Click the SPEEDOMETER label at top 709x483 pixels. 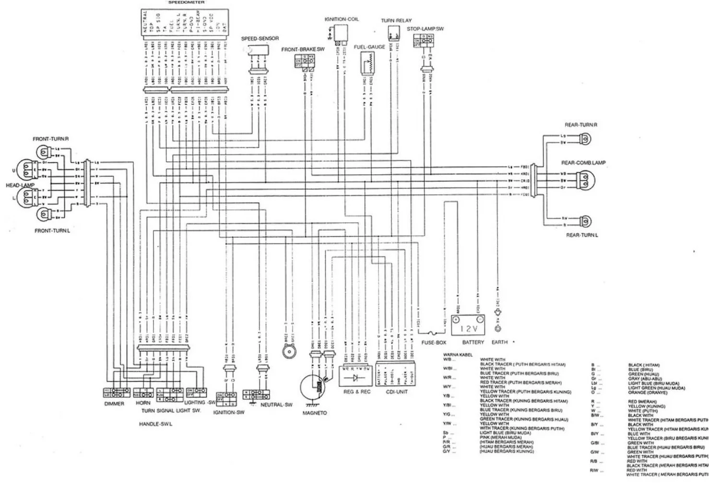[x=187, y=2]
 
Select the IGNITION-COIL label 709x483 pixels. [x=341, y=19]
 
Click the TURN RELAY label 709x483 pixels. [x=396, y=21]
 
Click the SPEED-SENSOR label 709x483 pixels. [x=260, y=38]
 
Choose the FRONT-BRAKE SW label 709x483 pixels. [x=303, y=49]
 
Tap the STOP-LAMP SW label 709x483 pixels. [x=425, y=29]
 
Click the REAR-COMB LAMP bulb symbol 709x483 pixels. [x=586, y=180]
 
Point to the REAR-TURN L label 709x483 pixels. [x=582, y=235]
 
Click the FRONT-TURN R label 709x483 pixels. [x=51, y=139]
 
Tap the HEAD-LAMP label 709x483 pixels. [x=20, y=185]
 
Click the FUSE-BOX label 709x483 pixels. [x=434, y=343]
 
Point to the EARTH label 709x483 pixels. [x=499, y=343]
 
